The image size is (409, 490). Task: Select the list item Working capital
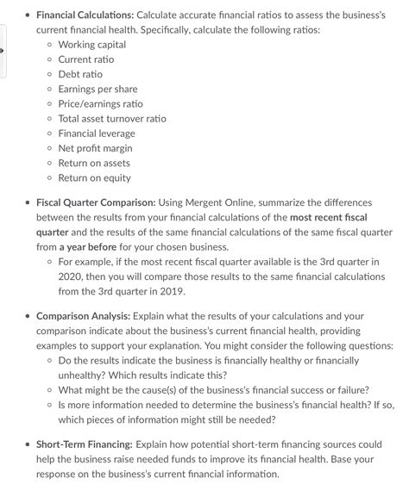tap(93, 45)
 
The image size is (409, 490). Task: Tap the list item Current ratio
tap(85, 59)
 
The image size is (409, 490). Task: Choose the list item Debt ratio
tap(80, 74)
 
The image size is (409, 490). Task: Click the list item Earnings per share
tap(98, 89)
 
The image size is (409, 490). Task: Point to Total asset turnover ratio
tap(112, 118)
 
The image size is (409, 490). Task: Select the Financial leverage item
tap(96, 133)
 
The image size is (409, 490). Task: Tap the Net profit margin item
tap(95, 148)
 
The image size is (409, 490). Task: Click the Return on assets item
tap(94, 163)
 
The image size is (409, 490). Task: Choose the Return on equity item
tap(94, 177)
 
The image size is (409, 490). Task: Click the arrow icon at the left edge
tap(3, 52)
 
